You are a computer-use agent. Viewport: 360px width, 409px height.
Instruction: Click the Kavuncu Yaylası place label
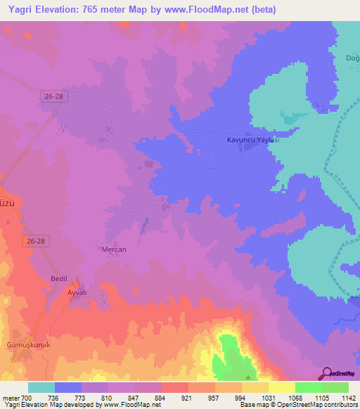coord(253,140)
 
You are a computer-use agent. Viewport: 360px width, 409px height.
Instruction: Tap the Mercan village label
coord(113,249)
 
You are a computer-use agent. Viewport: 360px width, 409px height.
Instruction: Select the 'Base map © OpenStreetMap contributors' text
coord(299,405)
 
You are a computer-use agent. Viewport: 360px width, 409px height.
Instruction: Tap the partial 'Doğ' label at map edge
coord(352,58)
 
